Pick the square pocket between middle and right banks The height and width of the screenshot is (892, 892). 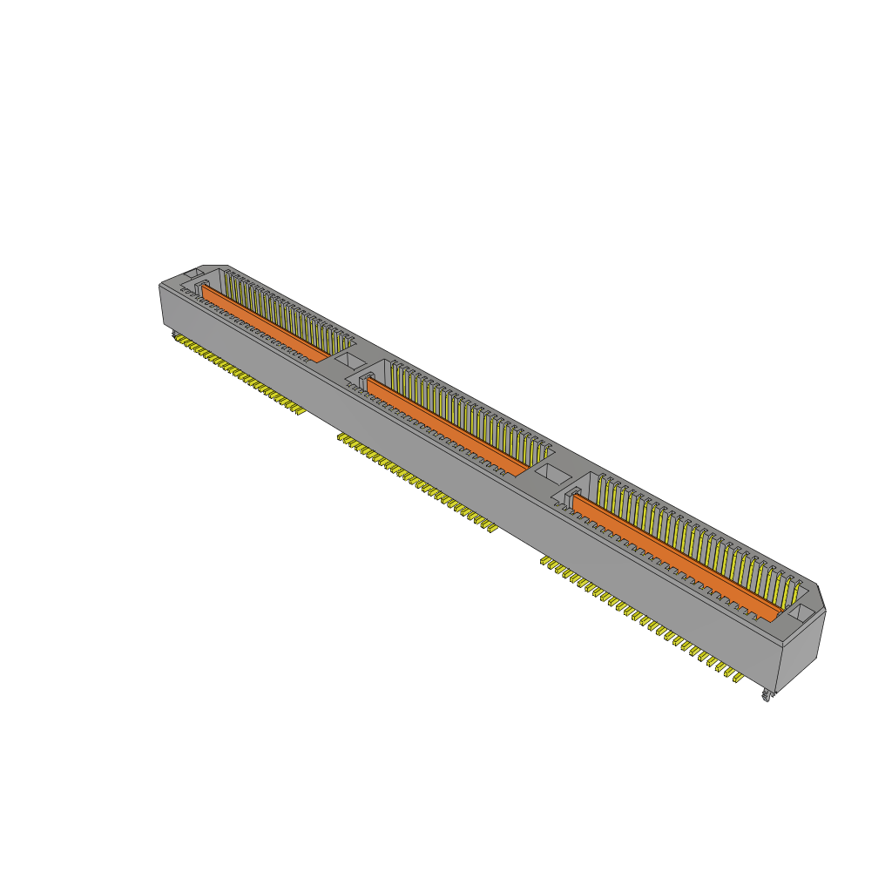click(551, 475)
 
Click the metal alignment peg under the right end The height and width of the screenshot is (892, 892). click(767, 695)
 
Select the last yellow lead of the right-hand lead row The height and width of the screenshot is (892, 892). click(737, 677)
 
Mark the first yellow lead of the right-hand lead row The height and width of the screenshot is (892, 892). click(545, 562)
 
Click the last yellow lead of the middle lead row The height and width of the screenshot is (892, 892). click(491, 527)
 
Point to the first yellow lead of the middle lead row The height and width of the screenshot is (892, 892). click(341, 437)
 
